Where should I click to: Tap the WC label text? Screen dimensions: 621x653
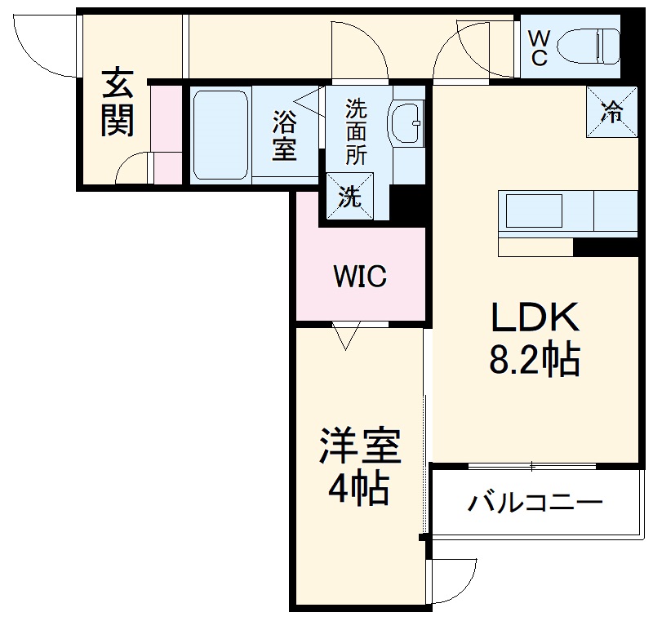pos(540,47)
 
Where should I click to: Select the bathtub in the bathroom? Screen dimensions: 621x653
pos(220,135)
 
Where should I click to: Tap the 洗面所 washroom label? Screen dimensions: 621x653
pos(356,131)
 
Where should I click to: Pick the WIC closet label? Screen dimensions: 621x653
pos(359,277)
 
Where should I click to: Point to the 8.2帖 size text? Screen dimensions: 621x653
pos(534,359)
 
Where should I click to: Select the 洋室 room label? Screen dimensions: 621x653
pos(359,448)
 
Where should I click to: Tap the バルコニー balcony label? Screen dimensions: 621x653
pos(535,502)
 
